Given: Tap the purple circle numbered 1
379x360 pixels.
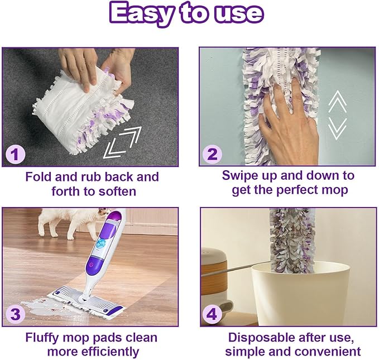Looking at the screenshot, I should [x=15, y=153].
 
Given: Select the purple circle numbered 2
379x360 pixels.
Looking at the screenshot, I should [x=212, y=153].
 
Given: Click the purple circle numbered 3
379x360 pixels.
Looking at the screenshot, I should [x=15, y=315].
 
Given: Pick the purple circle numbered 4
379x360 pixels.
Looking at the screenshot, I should [x=212, y=315].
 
